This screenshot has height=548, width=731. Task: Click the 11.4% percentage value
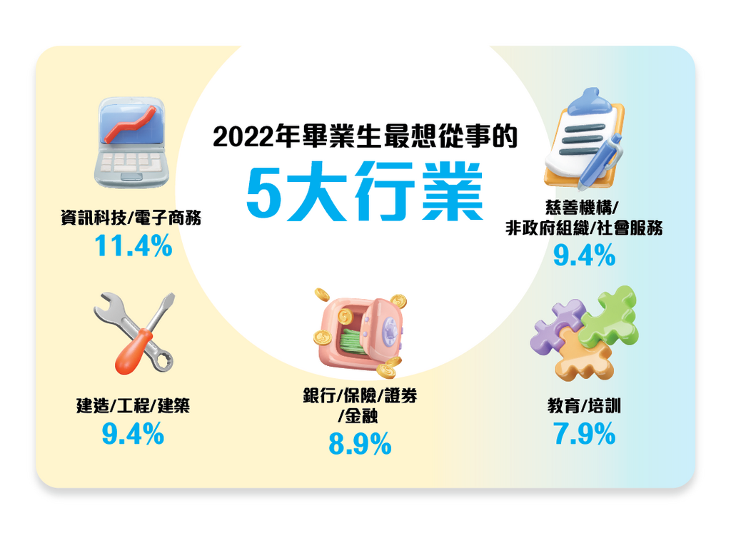click(x=133, y=245)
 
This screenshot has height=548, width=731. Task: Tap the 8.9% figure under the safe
click(x=360, y=444)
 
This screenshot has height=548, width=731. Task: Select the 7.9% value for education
click(x=585, y=434)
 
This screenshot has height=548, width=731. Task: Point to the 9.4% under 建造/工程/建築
click(x=133, y=434)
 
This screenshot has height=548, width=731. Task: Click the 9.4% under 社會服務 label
click(x=585, y=256)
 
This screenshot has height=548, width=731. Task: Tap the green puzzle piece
click(x=609, y=316)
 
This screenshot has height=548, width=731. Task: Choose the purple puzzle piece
click(x=557, y=325)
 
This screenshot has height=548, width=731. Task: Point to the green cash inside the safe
click(x=353, y=342)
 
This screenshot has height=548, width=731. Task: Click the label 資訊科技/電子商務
click(x=131, y=217)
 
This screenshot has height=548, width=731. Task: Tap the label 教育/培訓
click(x=584, y=405)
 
